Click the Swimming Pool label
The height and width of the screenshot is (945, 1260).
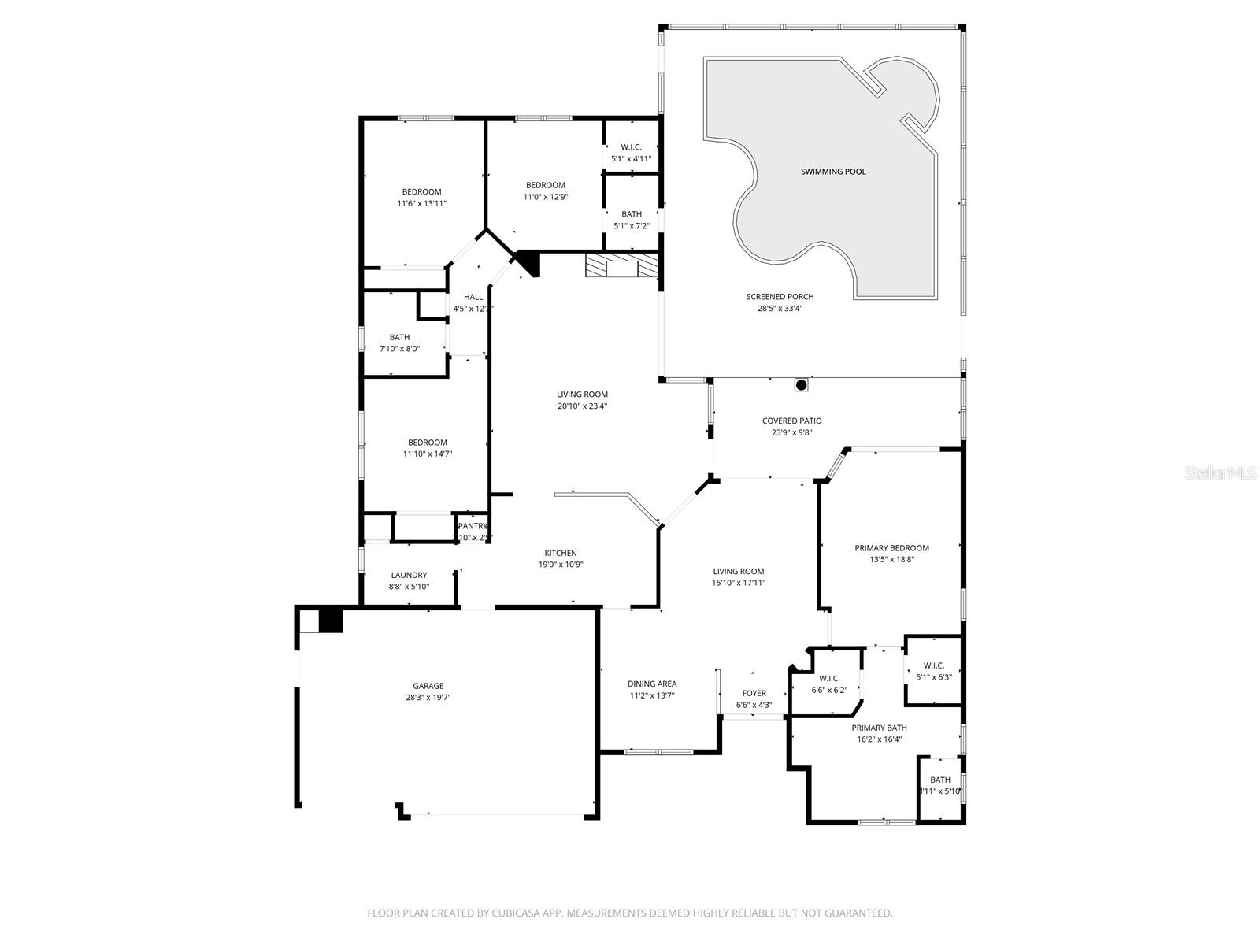point(833,172)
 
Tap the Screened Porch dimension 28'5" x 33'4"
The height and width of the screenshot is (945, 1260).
point(780,309)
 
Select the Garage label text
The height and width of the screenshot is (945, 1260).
point(428,686)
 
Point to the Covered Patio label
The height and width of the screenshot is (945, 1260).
point(791,421)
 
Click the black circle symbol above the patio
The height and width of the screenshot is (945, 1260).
point(801,385)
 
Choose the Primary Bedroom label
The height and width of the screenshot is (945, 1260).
point(891,548)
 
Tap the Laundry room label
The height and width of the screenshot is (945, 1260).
point(409,575)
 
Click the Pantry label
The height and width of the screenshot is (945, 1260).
point(473,526)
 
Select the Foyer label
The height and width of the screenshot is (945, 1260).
point(754,694)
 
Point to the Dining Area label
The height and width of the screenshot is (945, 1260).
point(652,684)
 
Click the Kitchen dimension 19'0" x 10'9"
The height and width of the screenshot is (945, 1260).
point(561,565)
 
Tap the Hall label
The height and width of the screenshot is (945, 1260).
point(473,297)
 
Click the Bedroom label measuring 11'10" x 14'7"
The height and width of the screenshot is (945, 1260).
point(428,443)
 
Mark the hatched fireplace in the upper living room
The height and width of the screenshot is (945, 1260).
point(621,265)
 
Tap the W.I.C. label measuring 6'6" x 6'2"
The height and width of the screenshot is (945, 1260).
point(829,679)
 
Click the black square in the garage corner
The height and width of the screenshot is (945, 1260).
point(331,621)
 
